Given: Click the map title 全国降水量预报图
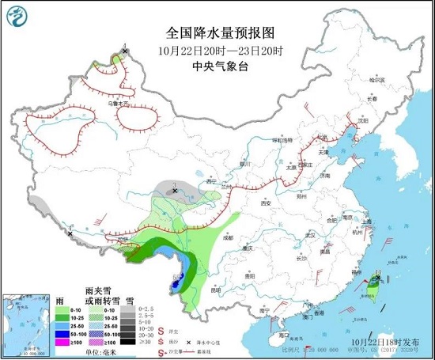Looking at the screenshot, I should coord(220,33).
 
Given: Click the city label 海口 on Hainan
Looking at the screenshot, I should coord(282,336).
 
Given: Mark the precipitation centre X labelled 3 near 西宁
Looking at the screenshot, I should coord(175,191).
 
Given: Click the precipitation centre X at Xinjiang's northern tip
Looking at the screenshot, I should coord(125,51).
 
